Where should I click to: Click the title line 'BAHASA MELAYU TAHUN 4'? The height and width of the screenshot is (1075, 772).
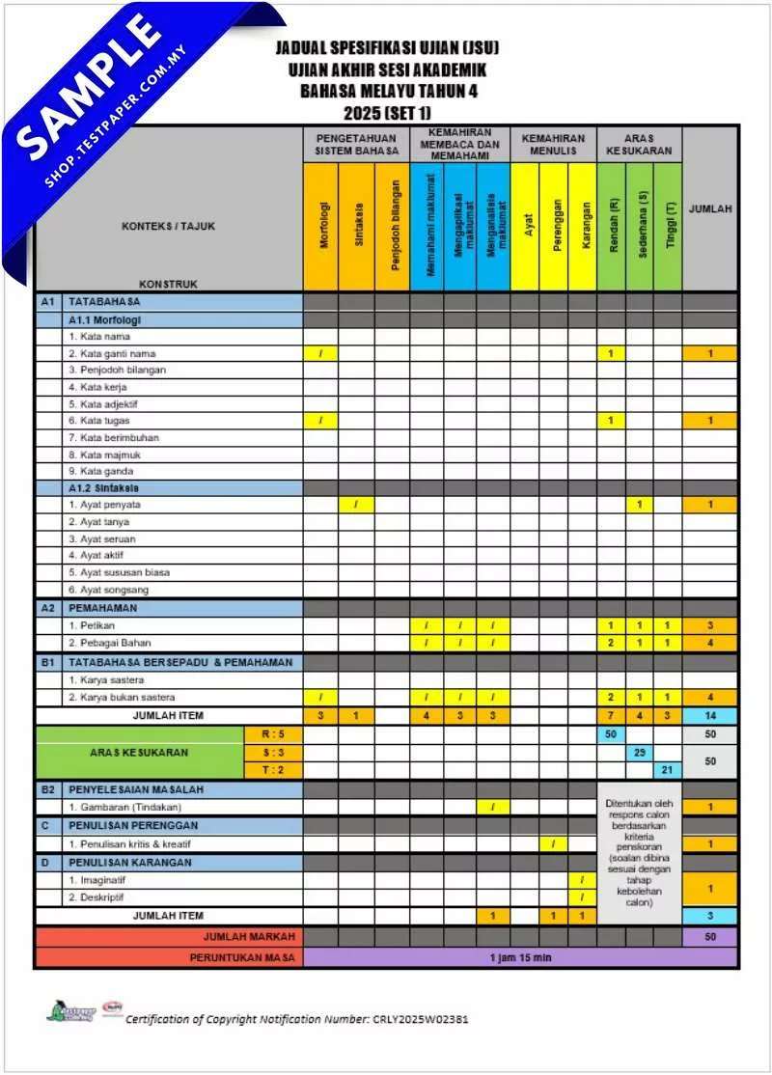coord(388,92)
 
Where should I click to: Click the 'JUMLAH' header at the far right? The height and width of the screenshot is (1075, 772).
coord(710,208)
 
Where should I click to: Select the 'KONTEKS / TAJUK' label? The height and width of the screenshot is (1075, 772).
coord(169,227)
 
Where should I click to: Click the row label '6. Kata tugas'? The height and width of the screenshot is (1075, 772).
coord(99,421)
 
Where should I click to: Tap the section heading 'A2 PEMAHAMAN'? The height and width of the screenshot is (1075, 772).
coord(102,608)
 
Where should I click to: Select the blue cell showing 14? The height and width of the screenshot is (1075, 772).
coord(710,715)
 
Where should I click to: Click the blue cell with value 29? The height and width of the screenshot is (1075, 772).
coord(640,752)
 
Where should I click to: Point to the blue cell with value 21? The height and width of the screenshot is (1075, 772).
coord(667,769)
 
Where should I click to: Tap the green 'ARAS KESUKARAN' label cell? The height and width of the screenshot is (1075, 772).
coord(141,752)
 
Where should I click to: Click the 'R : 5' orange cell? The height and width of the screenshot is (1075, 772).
coord(275,734)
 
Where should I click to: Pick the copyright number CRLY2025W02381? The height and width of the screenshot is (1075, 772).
coord(421,1019)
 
